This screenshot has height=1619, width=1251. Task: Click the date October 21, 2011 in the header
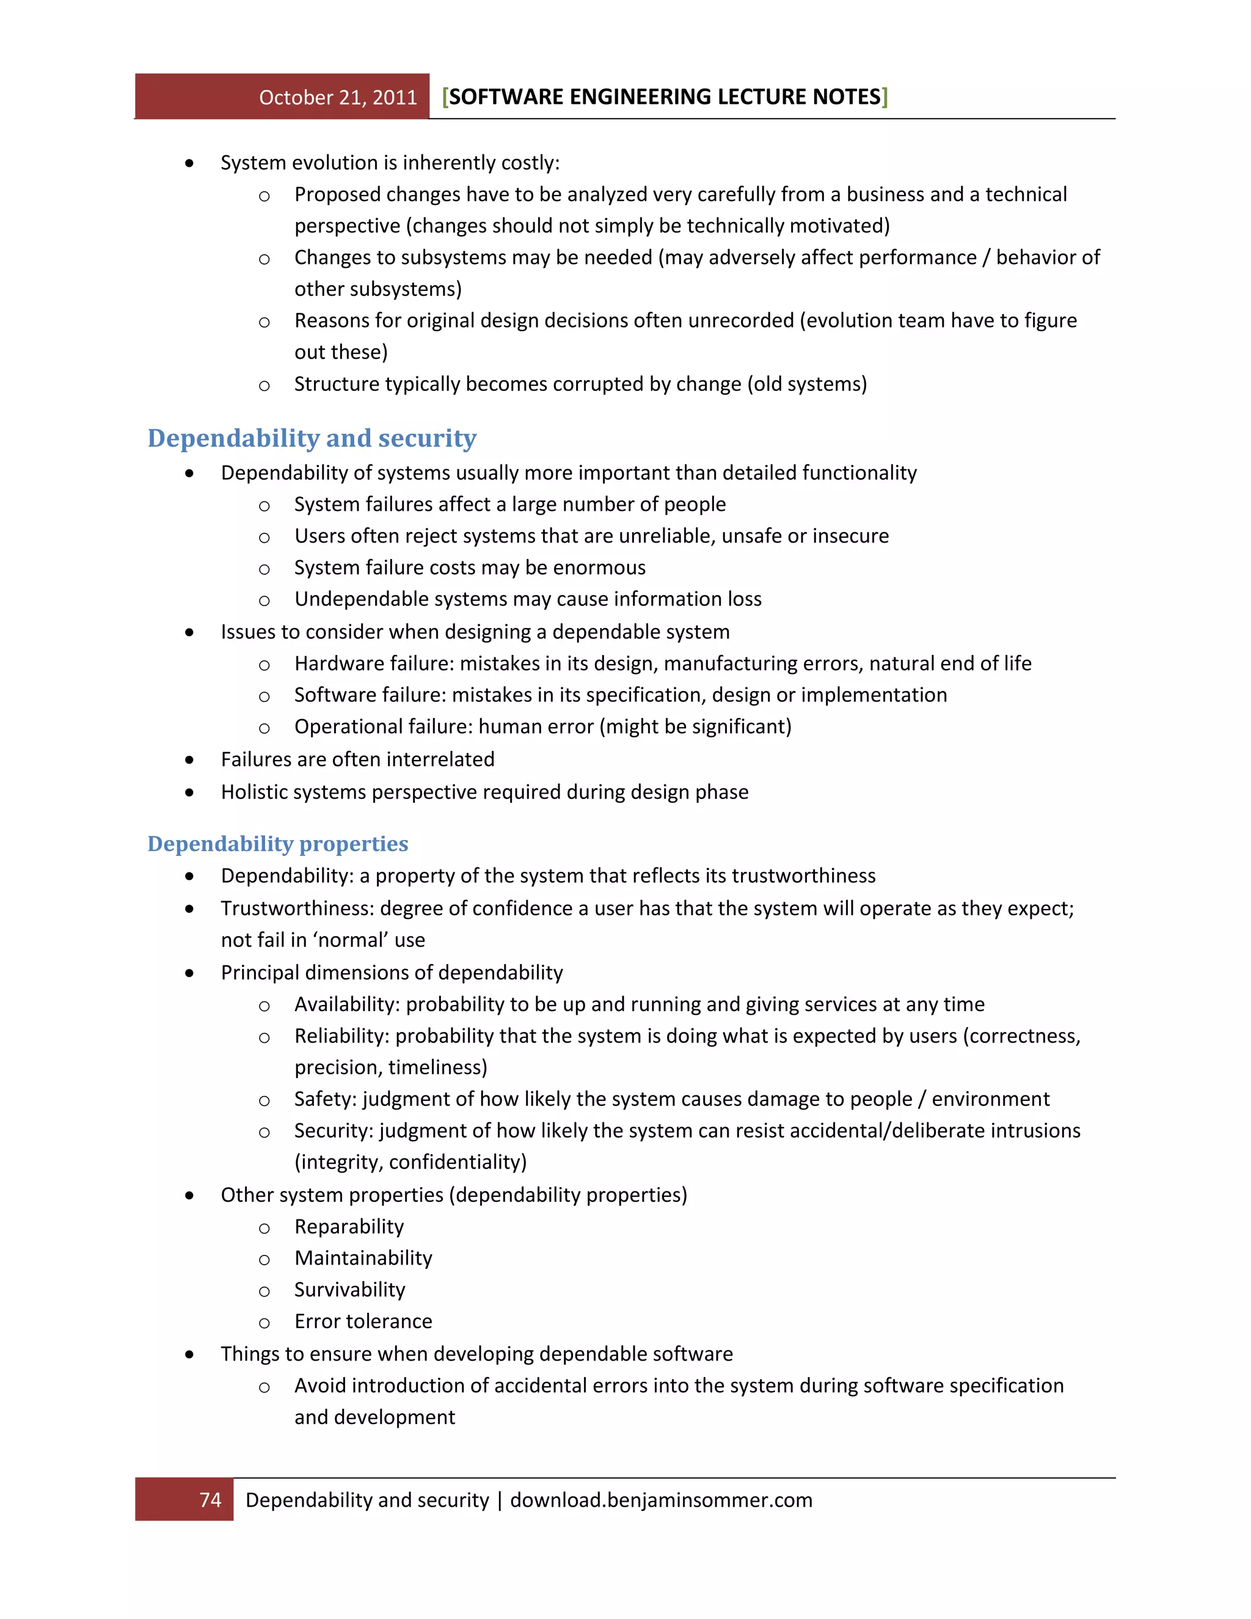(x=338, y=97)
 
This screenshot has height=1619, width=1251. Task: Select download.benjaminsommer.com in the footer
(x=661, y=1500)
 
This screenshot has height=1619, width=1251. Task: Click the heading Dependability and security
(x=312, y=437)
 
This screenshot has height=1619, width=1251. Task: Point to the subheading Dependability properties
(x=277, y=844)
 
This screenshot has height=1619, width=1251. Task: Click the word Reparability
(x=349, y=1226)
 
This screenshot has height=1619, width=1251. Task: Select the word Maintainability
(x=363, y=1258)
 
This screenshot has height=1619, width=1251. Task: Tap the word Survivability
(x=350, y=1290)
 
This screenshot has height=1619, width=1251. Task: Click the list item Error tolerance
(x=363, y=1321)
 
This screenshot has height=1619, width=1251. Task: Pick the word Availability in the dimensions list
(x=347, y=1004)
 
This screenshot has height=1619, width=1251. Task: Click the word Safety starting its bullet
(x=324, y=1098)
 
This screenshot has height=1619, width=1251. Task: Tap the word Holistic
(x=256, y=792)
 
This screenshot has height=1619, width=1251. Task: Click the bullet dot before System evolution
(x=190, y=163)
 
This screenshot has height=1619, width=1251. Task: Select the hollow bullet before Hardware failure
(x=264, y=665)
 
